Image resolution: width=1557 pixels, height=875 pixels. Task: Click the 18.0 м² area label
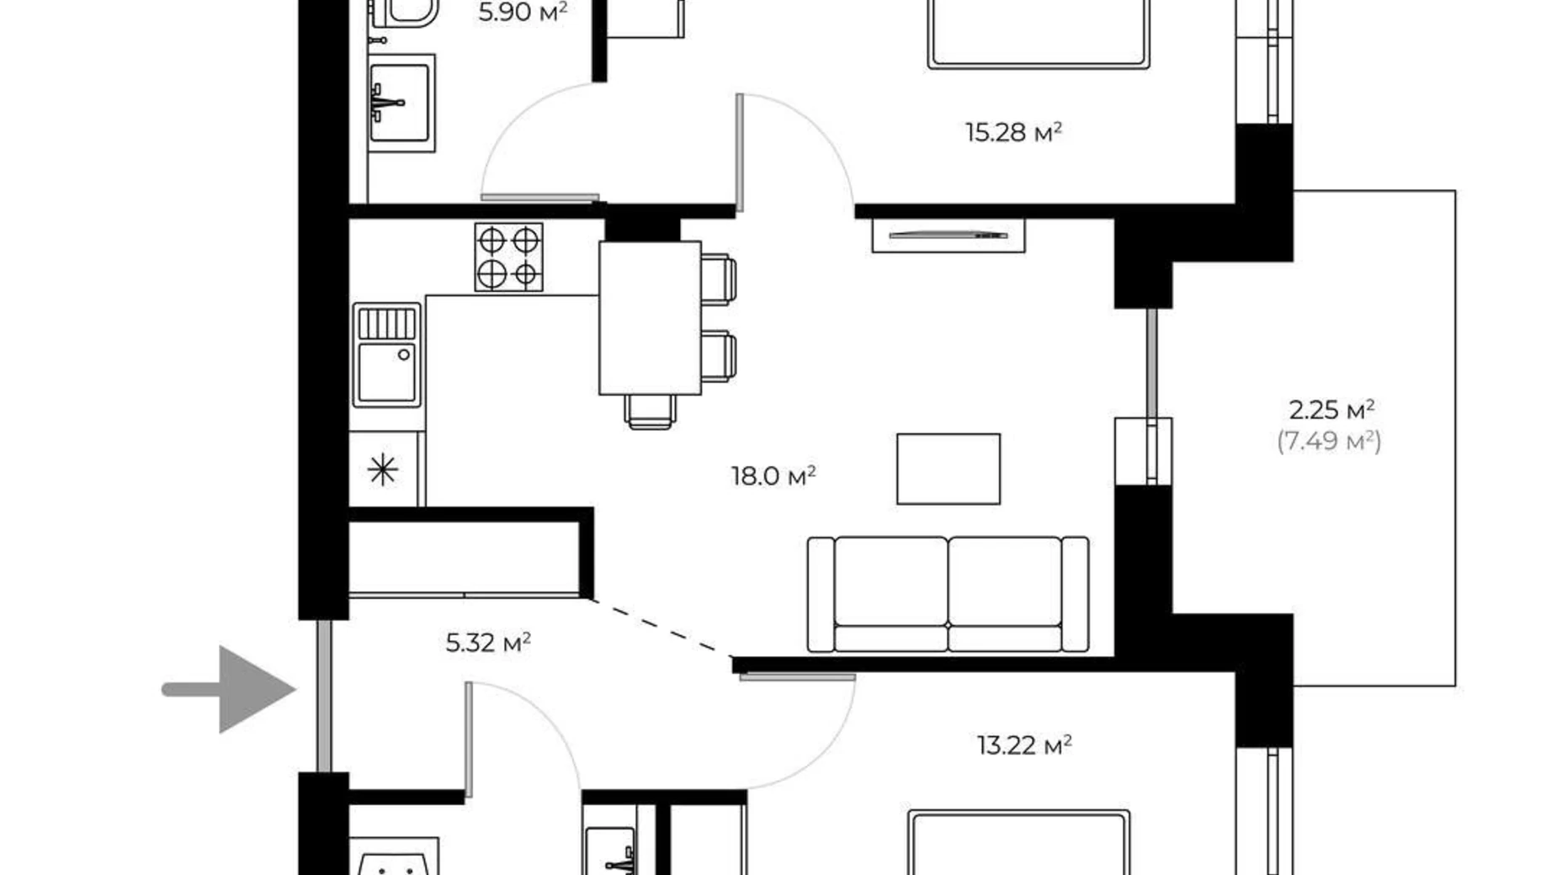tap(773, 476)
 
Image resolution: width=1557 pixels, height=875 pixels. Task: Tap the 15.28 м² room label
tap(1012, 132)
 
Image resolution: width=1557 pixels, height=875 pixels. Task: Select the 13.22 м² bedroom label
tap(1023, 745)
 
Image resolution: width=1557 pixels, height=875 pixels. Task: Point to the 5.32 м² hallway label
tap(488, 643)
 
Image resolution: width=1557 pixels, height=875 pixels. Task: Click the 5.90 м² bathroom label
tap(522, 12)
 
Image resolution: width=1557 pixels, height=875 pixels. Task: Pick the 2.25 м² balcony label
tap(1331, 410)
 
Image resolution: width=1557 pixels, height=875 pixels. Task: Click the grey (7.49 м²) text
tap(1329, 440)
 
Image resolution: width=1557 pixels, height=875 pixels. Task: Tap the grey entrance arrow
tap(236, 689)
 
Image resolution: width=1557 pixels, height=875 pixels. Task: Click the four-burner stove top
tap(508, 257)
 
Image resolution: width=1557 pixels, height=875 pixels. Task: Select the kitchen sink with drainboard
tap(386, 355)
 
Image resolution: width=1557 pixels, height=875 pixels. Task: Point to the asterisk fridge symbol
tap(382, 469)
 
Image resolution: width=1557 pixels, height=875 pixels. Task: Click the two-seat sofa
tap(948, 595)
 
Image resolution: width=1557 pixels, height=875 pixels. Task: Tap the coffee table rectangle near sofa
tap(948, 469)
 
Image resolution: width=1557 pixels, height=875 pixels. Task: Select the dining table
tap(650, 318)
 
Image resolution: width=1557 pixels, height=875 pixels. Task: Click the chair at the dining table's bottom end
tap(650, 411)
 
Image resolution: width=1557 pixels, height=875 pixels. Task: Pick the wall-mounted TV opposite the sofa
tap(949, 236)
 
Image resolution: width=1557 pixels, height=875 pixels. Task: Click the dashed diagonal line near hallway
tap(660, 627)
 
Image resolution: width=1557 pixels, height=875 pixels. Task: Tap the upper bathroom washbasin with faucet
tap(401, 103)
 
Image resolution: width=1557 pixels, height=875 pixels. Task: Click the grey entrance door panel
tap(324, 697)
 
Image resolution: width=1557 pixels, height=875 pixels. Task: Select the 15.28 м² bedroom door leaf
tap(740, 152)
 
